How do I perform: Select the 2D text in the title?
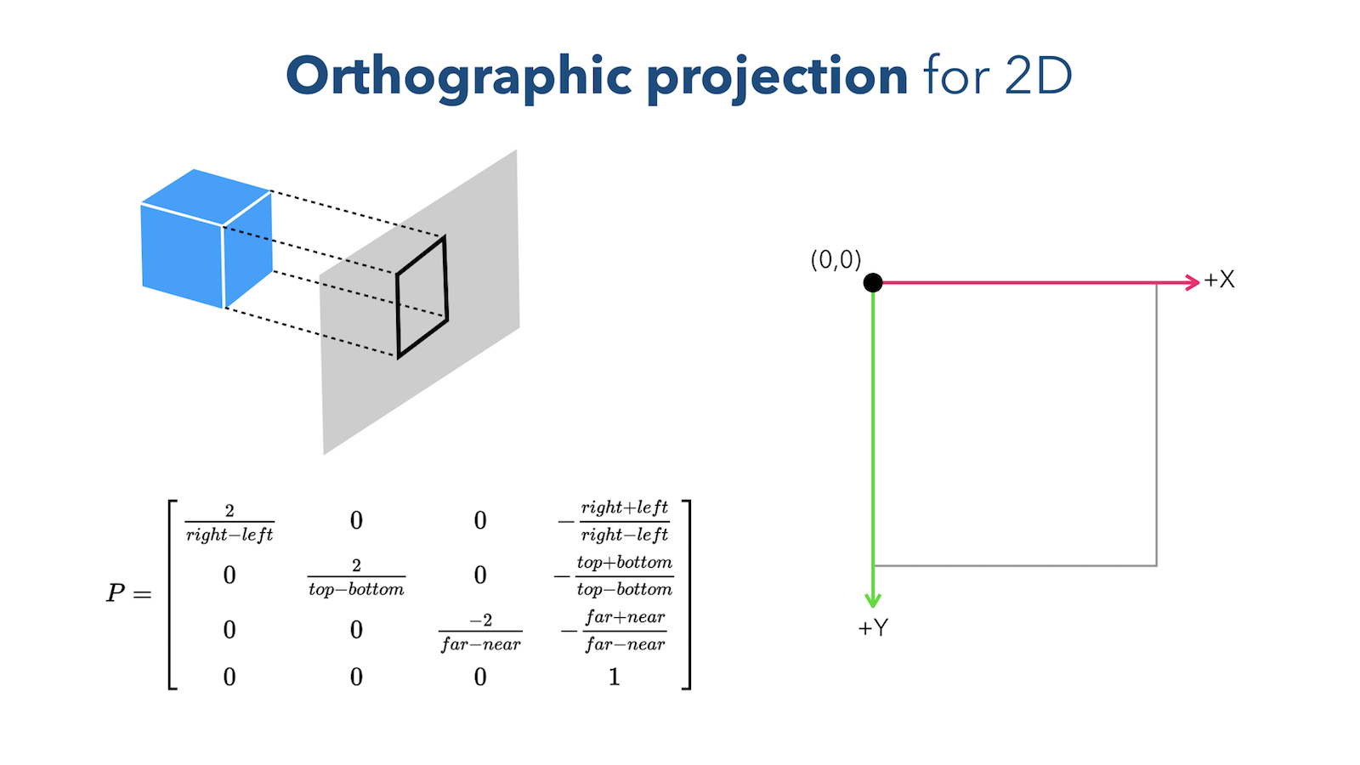[1039, 76]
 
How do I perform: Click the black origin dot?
[873, 282]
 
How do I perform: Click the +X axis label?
[1220, 280]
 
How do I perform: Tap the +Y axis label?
[873, 628]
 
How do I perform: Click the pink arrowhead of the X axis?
[1193, 282]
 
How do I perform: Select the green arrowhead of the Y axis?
[873, 600]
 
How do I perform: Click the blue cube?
[207, 238]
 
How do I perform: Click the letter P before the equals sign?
[116, 593]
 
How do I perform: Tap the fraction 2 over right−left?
[229, 523]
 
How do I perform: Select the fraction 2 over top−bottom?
[356, 577]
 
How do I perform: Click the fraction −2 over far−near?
[480, 632]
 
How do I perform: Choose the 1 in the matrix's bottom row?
[614, 677]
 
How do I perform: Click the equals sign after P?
[142, 594]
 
